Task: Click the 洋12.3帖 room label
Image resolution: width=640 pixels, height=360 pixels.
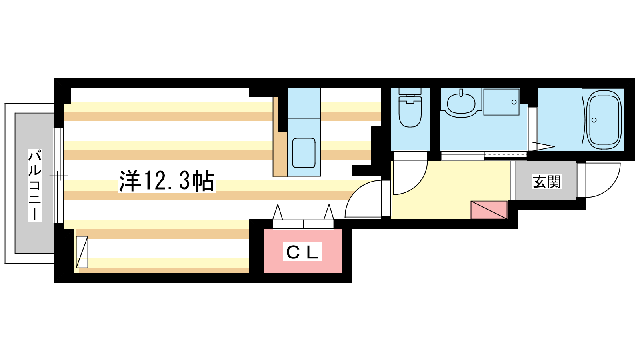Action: coord(166,181)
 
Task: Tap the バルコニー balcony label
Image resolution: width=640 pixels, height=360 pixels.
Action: coord(34,185)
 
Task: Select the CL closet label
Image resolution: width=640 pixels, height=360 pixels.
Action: coord(302,252)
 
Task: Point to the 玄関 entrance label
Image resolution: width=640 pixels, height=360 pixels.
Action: coord(546,182)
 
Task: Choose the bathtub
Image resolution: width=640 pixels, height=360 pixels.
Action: coord(604,119)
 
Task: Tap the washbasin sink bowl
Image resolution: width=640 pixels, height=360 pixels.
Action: coord(461,104)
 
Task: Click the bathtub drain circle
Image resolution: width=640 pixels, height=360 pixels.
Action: coord(594,120)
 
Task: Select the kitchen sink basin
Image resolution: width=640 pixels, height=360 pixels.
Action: coord(304,153)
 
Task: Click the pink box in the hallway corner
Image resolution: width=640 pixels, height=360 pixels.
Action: coord(489,210)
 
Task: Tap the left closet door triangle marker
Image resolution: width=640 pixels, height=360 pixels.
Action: coord(278,212)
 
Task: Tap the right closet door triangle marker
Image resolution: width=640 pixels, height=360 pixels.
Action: coord(329,212)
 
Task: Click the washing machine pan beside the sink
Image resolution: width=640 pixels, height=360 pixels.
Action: coord(502,102)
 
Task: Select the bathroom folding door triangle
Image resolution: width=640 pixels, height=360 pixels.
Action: coord(542,146)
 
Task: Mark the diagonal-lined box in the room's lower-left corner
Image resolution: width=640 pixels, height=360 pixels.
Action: coord(82,252)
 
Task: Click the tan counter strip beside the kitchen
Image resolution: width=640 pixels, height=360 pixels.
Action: coord(280,136)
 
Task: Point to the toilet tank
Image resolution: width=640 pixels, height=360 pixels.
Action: coord(410,91)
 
